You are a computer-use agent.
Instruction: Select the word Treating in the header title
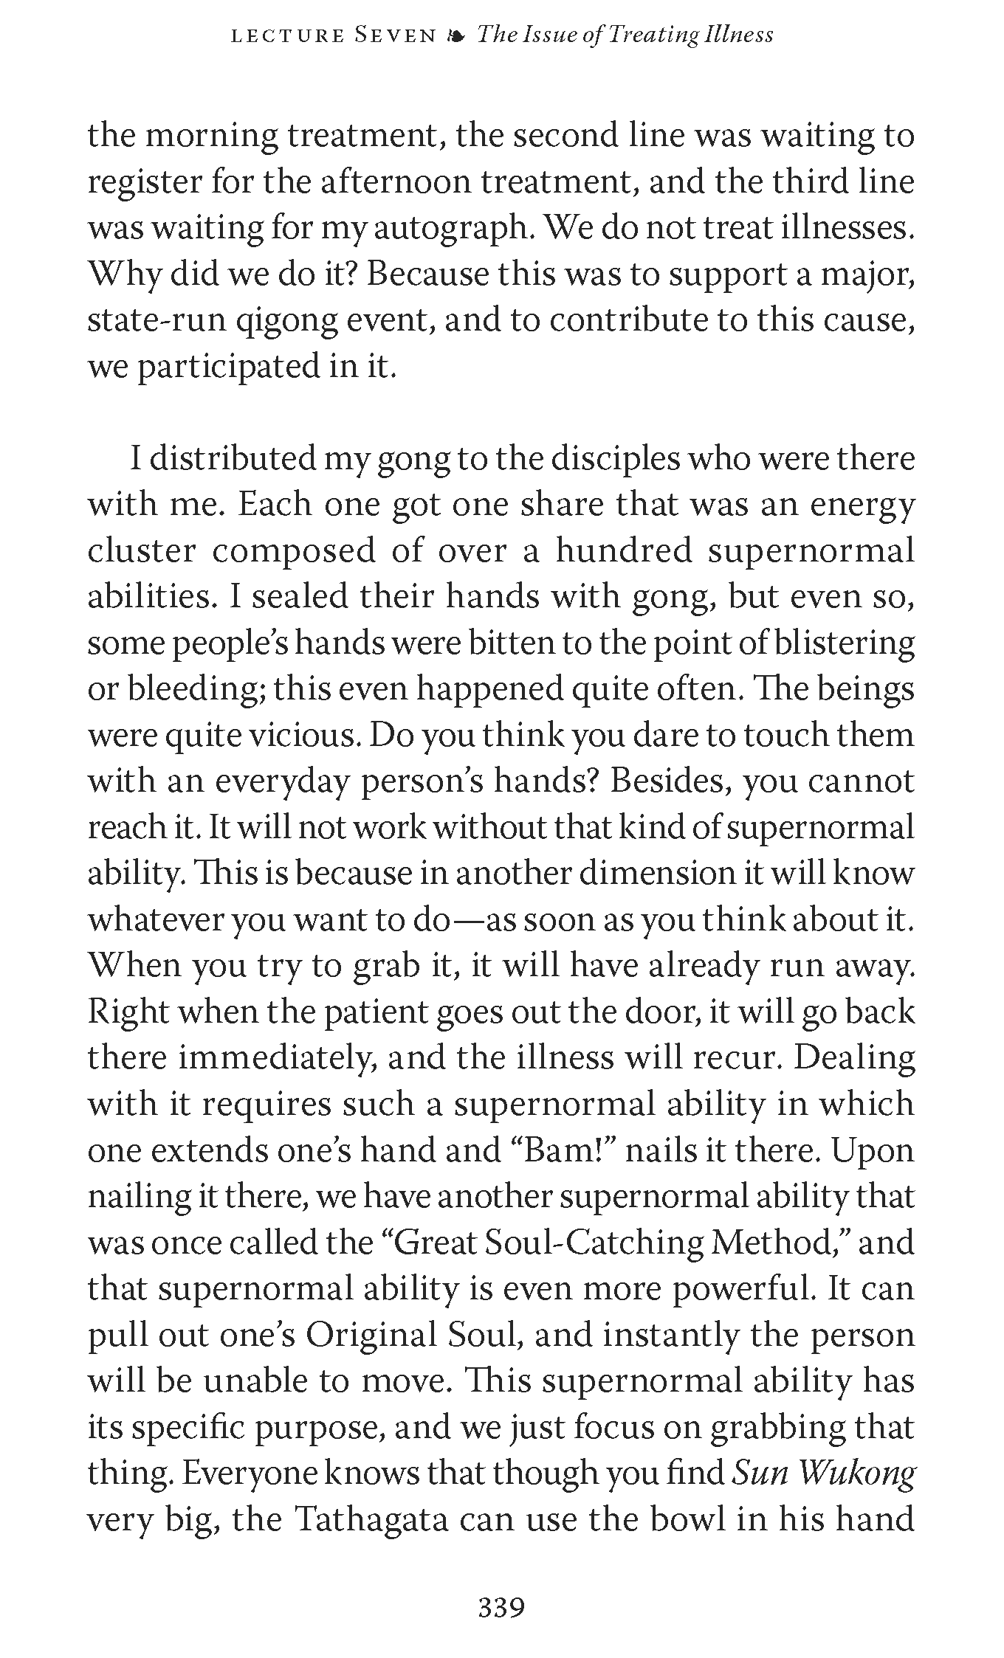pos(641,35)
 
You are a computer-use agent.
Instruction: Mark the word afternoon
pos(397,182)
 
